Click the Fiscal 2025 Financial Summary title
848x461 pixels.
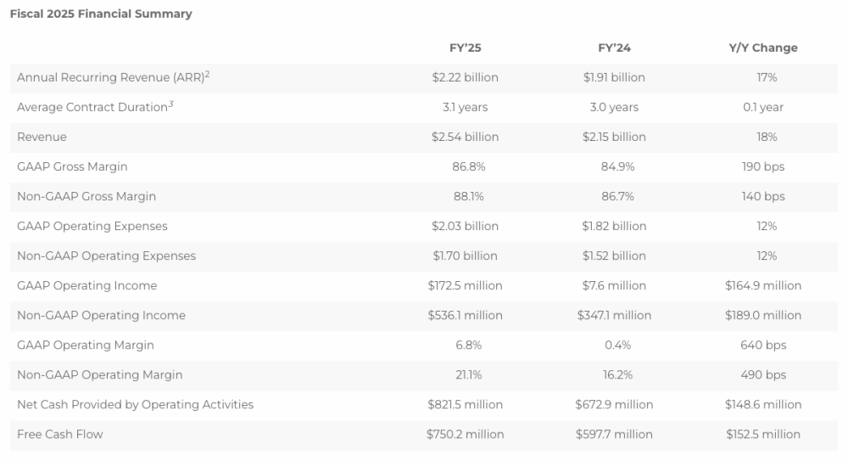pyautogui.click(x=101, y=14)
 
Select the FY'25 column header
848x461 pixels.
pyautogui.click(x=465, y=48)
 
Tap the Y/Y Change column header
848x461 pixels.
pyautogui.click(x=763, y=48)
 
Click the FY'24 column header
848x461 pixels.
pyautogui.click(x=614, y=48)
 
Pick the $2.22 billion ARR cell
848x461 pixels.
pyautogui.click(x=465, y=77)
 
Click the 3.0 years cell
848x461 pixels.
pyautogui.click(x=614, y=107)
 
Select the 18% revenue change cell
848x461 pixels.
pyautogui.click(x=763, y=137)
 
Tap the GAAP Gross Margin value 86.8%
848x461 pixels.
pyautogui.click(x=465, y=166)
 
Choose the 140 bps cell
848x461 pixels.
pyautogui.click(x=763, y=196)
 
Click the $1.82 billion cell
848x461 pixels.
pyautogui.click(x=614, y=226)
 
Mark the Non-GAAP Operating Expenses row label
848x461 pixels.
pyautogui.click(x=106, y=256)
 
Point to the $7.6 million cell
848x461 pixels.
pyautogui.click(x=614, y=285)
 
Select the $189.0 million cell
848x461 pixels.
pyautogui.click(x=763, y=315)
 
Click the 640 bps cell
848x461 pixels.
pyautogui.click(x=763, y=345)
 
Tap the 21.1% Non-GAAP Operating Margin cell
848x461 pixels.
pyautogui.click(x=465, y=374)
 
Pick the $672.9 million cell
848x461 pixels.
pyautogui.click(x=614, y=404)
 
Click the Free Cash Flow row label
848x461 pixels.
pyautogui.click(x=59, y=434)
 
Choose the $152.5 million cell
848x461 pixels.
pyautogui.click(x=763, y=434)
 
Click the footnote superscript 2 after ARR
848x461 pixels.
pyautogui.click(x=207, y=74)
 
